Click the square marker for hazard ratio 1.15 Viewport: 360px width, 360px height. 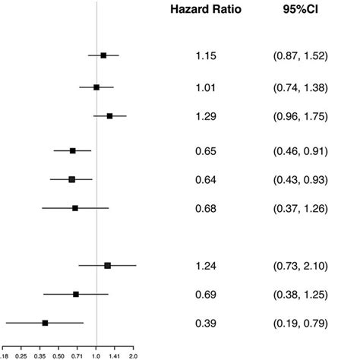click(x=103, y=55)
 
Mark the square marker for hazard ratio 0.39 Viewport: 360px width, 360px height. click(x=46, y=323)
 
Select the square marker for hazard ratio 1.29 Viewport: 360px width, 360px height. click(x=109, y=116)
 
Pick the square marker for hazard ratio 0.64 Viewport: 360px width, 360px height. click(x=72, y=179)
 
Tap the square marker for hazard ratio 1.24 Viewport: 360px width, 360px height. click(x=107, y=265)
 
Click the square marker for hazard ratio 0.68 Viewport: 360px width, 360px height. click(x=75, y=207)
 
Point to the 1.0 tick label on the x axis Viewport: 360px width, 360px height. click(x=96, y=355)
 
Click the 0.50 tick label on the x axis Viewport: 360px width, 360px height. click(x=58, y=355)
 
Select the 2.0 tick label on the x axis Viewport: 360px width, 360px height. click(x=134, y=355)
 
